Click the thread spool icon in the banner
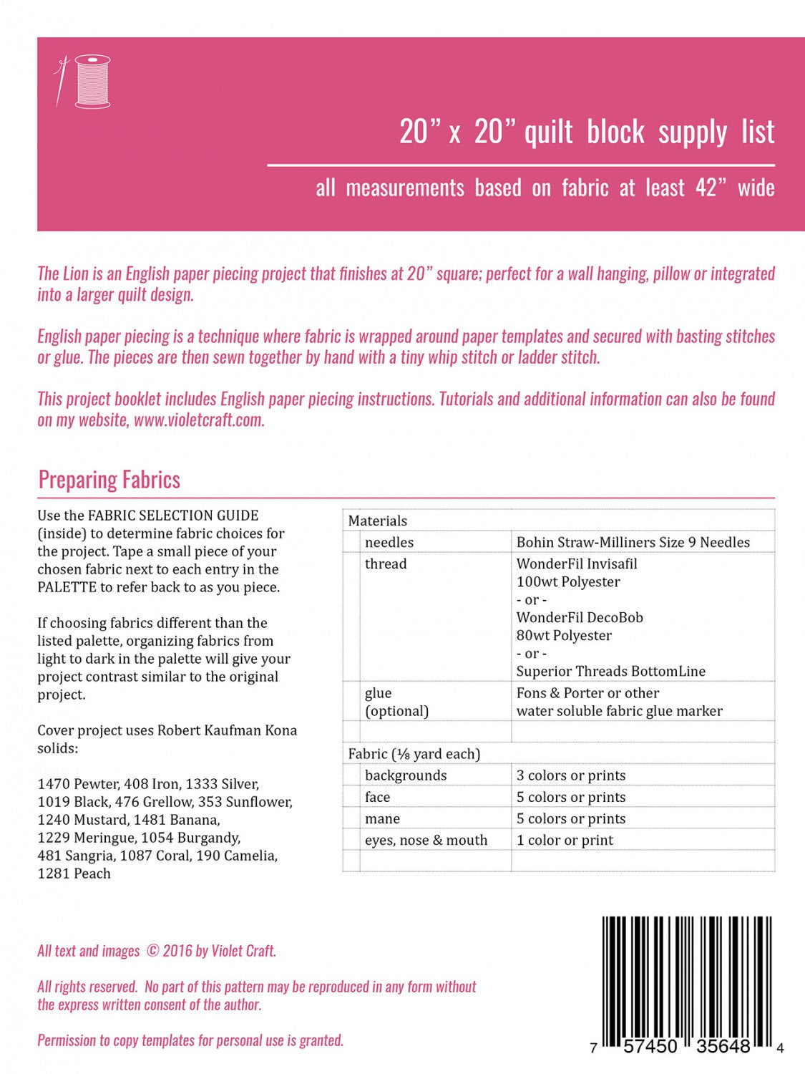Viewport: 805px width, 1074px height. point(92,81)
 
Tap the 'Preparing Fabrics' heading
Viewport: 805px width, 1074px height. point(109,480)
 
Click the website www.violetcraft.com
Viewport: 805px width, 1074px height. point(198,420)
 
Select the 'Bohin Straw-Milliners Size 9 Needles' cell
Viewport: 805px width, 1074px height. point(633,542)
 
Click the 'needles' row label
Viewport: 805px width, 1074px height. point(389,542)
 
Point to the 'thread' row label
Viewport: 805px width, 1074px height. point(385,563)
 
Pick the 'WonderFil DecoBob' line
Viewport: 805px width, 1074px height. point(580,617)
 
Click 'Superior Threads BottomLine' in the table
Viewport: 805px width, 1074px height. point(610,671)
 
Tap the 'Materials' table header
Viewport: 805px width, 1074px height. point(377,521)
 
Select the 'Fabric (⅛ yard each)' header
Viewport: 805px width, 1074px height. point(414,753)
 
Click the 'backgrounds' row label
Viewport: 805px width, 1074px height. point(405,775)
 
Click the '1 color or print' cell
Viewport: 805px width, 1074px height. point(565,840)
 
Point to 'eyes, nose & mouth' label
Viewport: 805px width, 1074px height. point(426,840)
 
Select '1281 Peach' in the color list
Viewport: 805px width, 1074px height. point(74,874)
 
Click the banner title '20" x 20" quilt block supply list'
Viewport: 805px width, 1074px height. point(586,132)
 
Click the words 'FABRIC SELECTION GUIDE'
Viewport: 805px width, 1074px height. point(172,516)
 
